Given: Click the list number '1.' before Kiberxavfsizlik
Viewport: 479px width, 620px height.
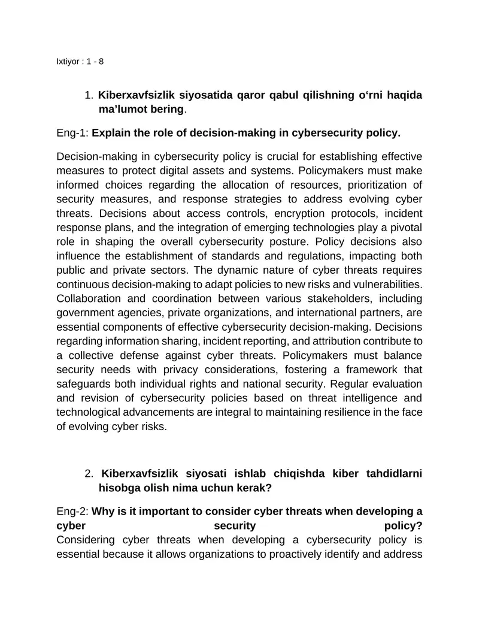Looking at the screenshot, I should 89,95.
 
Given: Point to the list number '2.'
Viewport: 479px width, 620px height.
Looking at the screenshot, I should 89,474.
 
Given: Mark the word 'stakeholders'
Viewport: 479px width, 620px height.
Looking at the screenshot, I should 334,298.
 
